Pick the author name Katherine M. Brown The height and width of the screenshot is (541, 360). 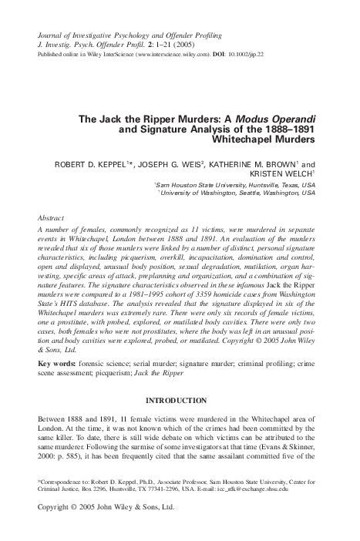tap(269, 165)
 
